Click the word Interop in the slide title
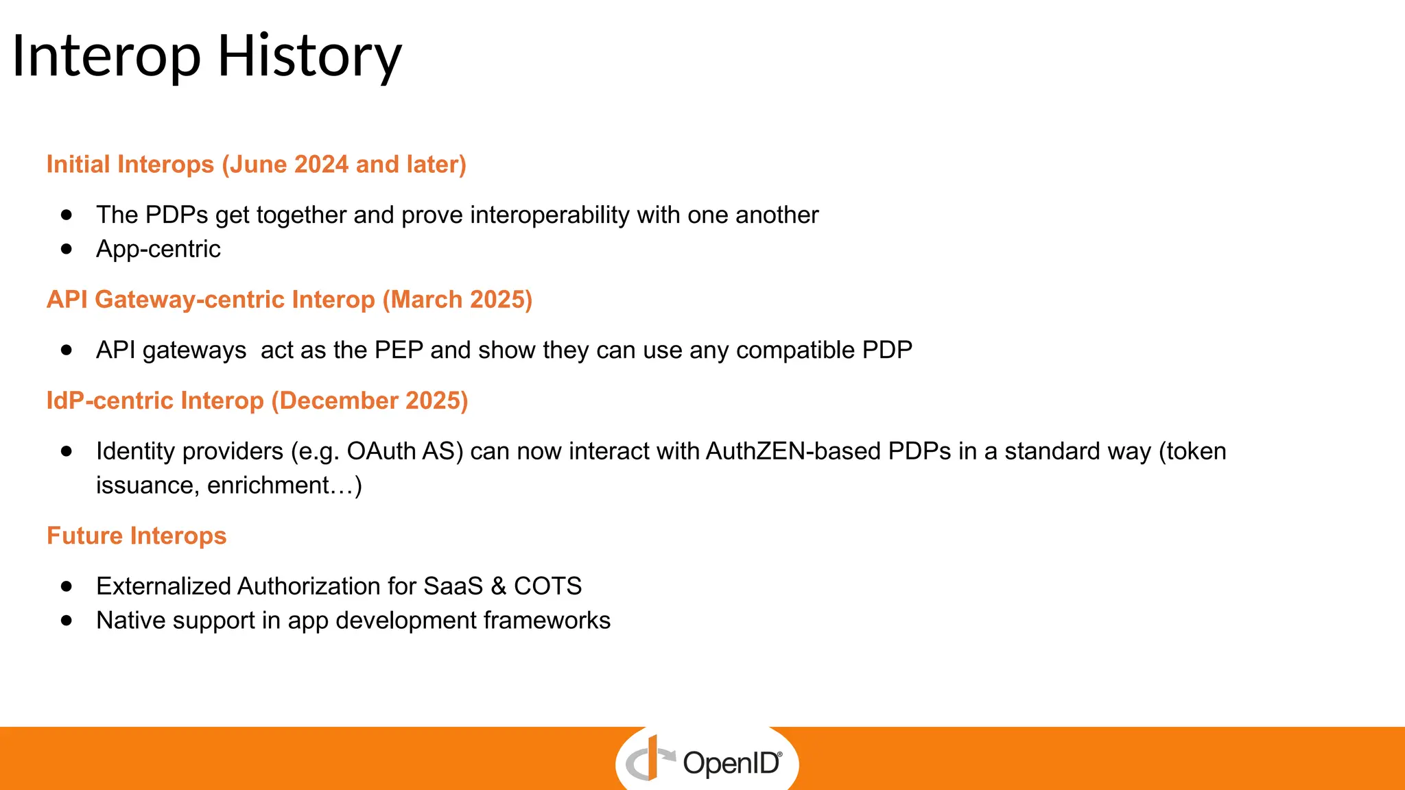tap(106, 56)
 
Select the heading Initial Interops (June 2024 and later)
tap(256, 165)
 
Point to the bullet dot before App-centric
tap(67, 249)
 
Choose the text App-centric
tap(158, 249)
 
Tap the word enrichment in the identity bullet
tap(268, 486)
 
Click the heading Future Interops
tap(137, 536)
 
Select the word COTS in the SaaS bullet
tap(547, 586)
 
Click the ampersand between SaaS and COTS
tap(499, 586)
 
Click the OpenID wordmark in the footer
tap(731, 763)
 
